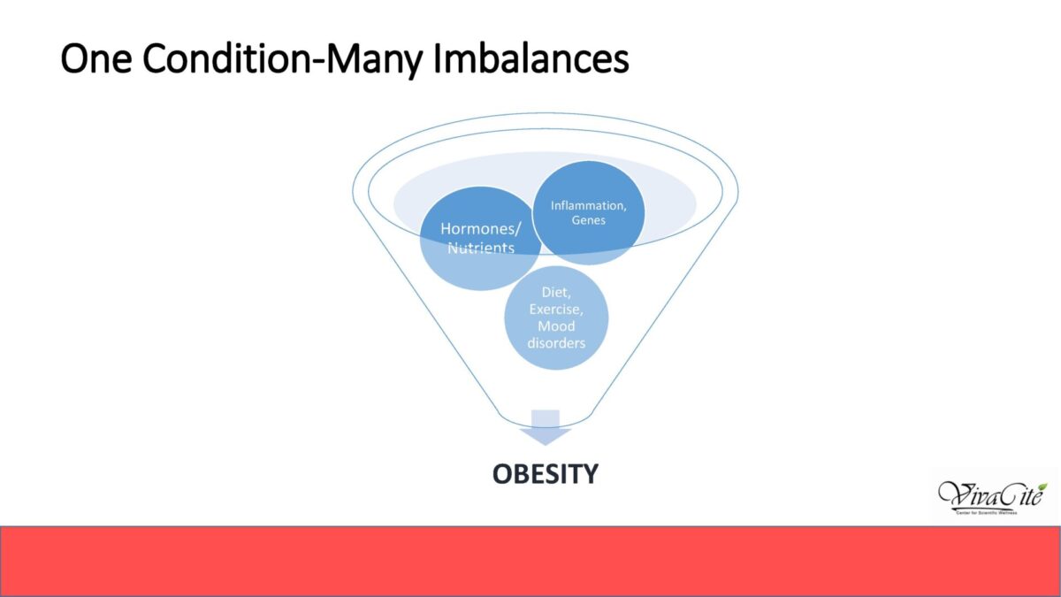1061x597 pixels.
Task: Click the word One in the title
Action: (96, 58)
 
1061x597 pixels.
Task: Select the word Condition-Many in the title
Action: (282, 60)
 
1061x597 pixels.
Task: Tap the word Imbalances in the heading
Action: (531, 58)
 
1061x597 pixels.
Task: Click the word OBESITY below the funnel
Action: (546, 474)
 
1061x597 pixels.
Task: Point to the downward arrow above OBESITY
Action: (546, 428)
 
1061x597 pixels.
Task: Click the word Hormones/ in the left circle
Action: (480, 229)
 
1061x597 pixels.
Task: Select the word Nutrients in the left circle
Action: (481, 248)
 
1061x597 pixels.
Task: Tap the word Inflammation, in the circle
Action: (588, 205)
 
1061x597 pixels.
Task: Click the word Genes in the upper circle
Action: (588, 220)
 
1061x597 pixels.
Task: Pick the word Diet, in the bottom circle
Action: (556, 293)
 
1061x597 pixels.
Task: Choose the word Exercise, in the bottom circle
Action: (556, 310)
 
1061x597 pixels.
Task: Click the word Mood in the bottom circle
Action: (556, 326)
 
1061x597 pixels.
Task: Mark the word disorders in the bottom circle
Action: (556, 342)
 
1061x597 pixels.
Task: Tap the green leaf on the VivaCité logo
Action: (1042, 487)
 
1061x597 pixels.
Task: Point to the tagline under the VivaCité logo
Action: (987, 513)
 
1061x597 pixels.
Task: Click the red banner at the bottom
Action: (530, 562)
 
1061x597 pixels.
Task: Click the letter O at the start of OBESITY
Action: (502, 474)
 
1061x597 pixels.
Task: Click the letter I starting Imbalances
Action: (437, 58)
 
